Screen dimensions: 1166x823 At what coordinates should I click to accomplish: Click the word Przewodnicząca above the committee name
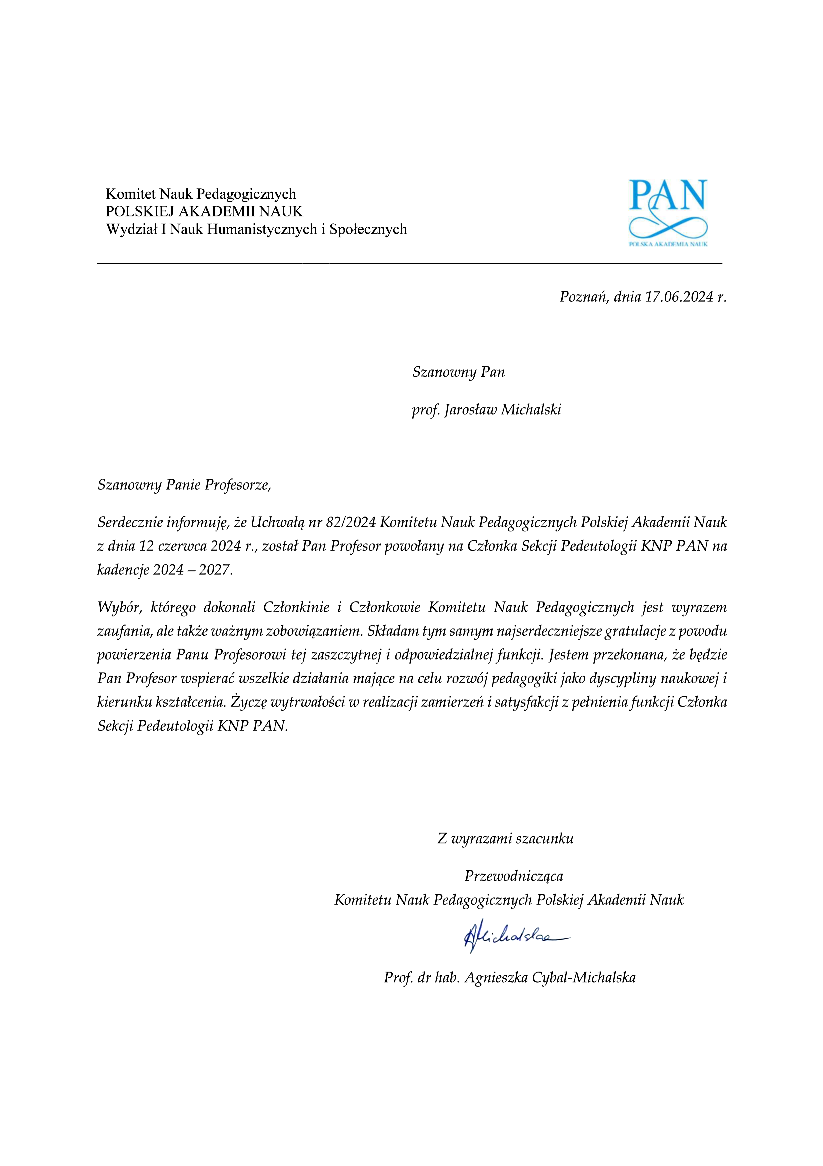(x=513, y=876)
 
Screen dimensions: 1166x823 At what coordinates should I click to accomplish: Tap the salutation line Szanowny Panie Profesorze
(x=184, y=485)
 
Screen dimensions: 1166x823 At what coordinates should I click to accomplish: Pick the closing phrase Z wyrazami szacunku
(x=505, y=839)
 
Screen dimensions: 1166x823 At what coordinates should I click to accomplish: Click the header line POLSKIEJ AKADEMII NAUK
(x=204, y=211)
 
